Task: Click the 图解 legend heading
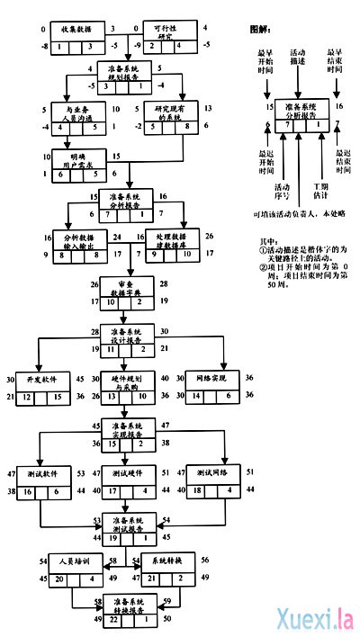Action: click(x=262, y=29)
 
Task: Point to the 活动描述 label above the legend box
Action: click(x=298, y=58)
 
